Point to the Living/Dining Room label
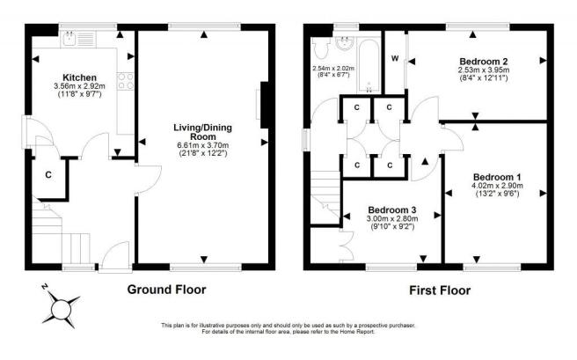[204, 132]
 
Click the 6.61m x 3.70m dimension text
[204, 145]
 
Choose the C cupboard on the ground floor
[48, 173]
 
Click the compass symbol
[59, 308]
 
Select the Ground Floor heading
[166, 289]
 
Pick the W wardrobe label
[394, 59]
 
